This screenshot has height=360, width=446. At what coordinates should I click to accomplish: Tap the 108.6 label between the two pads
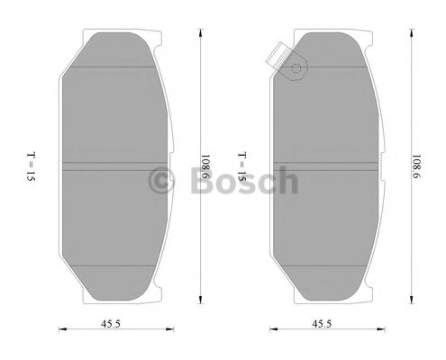click(206, 167)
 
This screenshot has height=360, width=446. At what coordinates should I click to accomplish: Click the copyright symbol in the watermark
click(161, 180)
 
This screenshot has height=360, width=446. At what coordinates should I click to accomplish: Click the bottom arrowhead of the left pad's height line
click(197, 303)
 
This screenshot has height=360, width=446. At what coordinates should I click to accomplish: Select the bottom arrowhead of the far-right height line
click(412, 303)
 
